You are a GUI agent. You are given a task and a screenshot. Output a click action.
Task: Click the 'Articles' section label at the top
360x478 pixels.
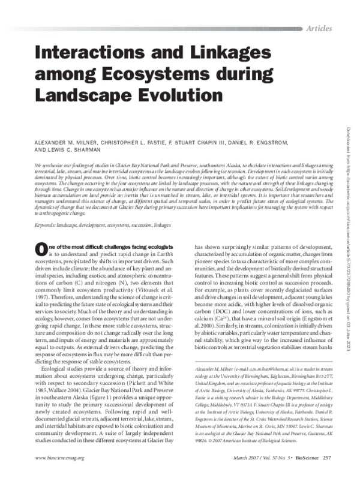point(322,29)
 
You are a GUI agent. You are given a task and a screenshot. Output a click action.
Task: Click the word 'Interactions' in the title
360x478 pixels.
point(96,52)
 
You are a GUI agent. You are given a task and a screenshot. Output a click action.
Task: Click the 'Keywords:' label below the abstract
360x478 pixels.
point(48,224)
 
